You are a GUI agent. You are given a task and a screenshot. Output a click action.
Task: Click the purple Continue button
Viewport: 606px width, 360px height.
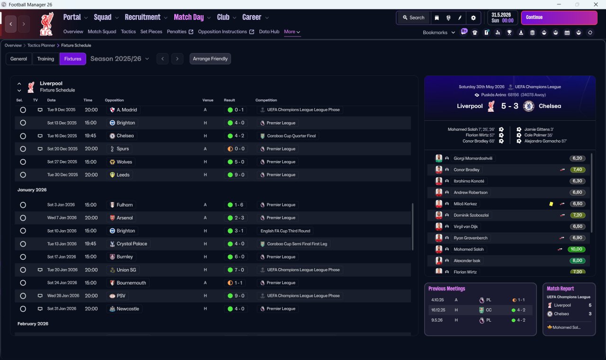(559, 18)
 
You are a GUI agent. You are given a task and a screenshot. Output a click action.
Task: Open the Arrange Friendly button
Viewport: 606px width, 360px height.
(210, 59)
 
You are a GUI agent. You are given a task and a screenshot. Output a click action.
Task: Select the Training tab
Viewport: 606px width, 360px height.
(45, 59)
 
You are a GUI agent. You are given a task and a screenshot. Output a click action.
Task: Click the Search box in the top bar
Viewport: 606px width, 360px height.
(413, 18)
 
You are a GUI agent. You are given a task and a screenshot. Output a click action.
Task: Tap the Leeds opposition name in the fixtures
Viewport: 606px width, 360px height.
(123, 175)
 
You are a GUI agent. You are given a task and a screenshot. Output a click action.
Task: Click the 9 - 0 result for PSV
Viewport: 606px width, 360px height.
(239, 296)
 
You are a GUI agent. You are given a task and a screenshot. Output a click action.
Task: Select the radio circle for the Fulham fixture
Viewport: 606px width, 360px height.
(23, 205)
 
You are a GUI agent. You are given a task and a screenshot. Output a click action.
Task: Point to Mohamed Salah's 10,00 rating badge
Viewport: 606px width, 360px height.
(576, 249)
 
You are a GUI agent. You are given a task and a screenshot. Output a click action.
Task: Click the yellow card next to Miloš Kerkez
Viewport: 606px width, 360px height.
(551, 204)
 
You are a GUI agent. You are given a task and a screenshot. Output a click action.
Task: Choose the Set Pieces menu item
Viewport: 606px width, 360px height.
(151, 32)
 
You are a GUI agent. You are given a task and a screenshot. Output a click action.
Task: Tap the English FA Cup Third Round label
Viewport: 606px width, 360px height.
(285, 231)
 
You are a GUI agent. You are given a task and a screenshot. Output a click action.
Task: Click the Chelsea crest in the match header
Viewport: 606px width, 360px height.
(528, 106)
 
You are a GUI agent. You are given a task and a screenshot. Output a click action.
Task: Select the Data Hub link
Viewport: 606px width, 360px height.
(269, 32)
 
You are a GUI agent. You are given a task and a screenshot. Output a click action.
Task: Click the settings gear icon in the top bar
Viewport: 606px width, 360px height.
(473, 18)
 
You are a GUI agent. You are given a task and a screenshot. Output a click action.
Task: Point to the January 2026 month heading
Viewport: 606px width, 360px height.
(32, 190)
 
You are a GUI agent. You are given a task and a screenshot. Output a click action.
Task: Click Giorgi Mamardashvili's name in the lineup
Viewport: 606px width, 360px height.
(473, 158)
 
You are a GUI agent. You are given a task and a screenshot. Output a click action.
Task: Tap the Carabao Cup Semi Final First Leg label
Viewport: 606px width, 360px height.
(297, 244)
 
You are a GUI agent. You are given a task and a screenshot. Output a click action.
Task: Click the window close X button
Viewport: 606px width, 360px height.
(596, 4)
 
